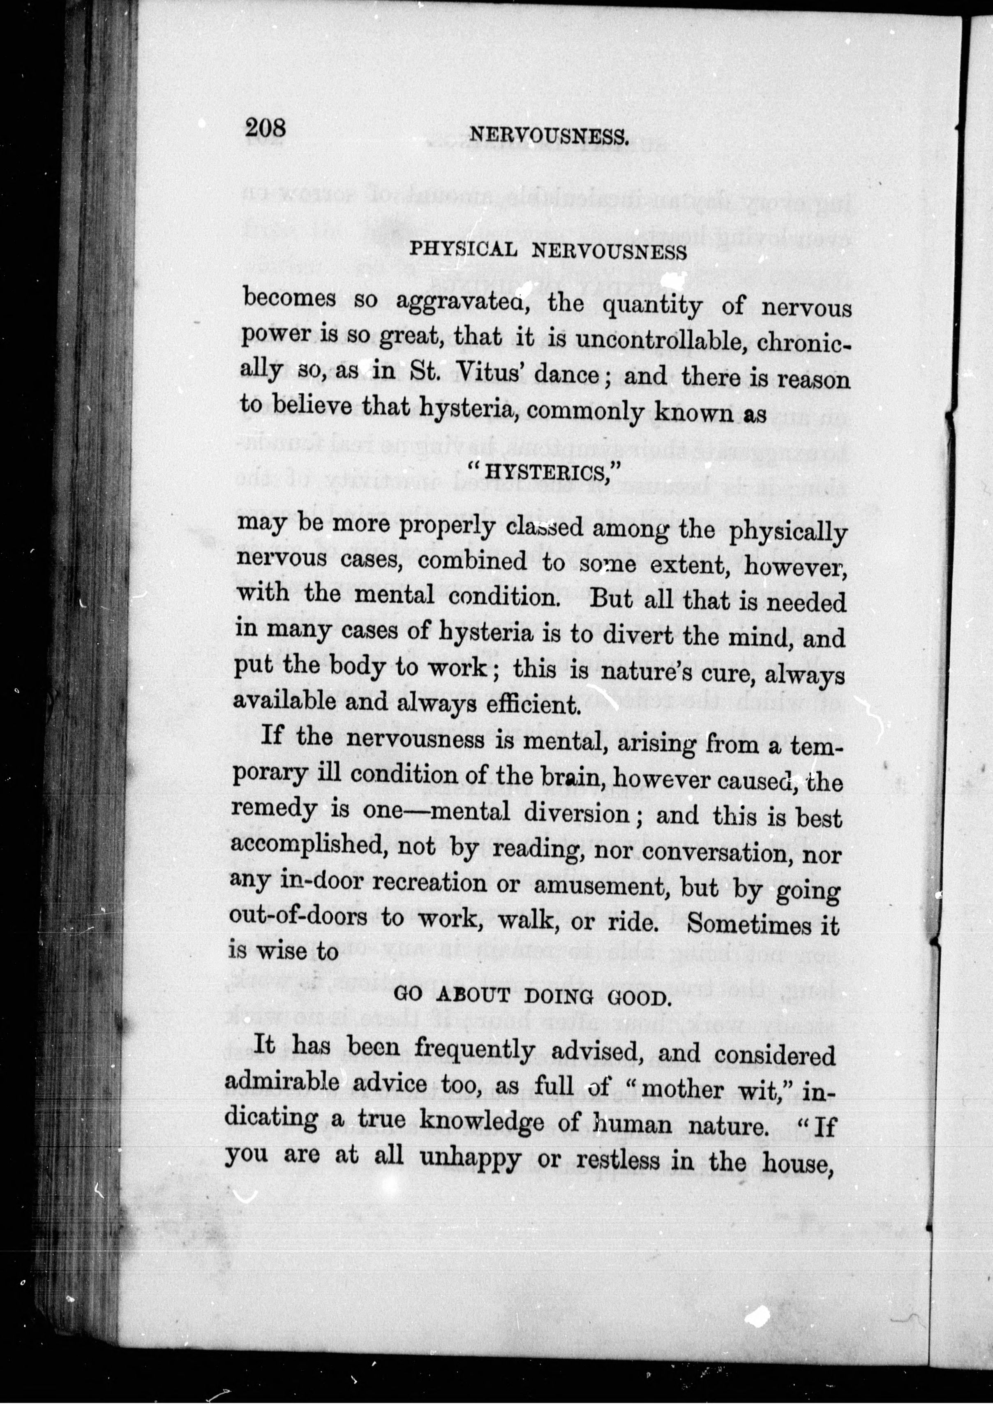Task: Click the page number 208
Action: click(266, 128)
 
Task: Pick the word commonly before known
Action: click(584, 410)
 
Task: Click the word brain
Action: click(573, 777)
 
